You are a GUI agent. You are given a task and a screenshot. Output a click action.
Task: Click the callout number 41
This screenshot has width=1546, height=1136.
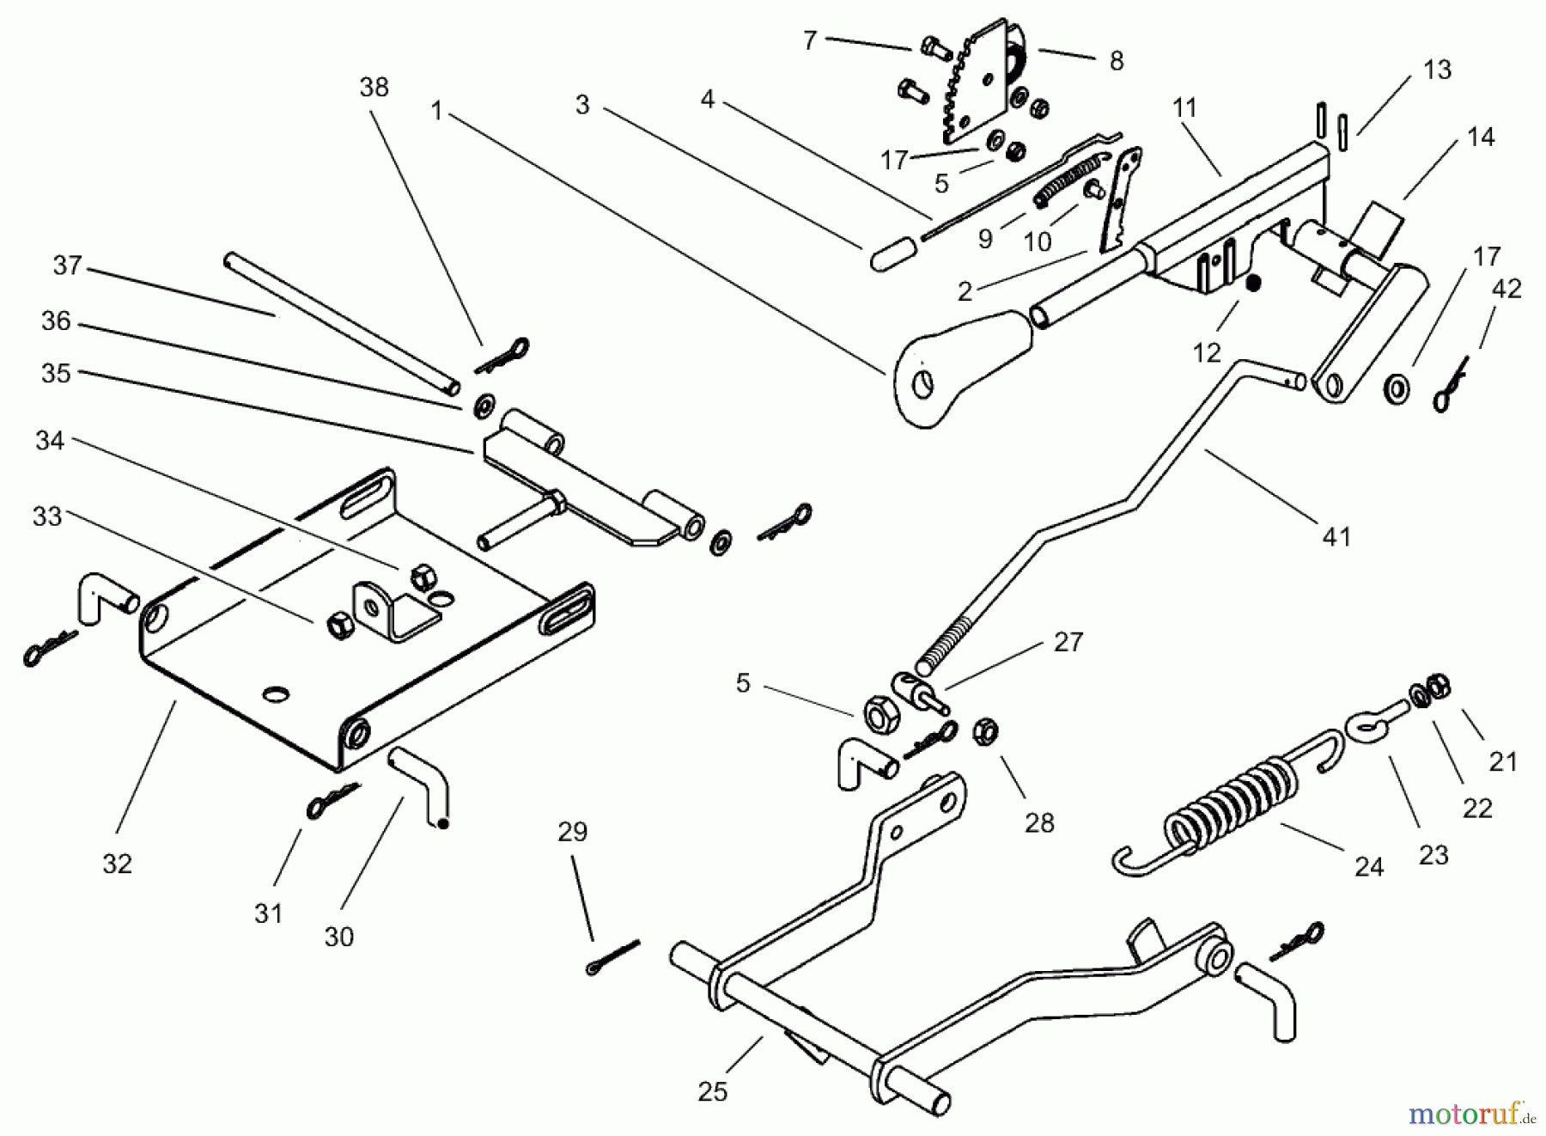pos(1336,537)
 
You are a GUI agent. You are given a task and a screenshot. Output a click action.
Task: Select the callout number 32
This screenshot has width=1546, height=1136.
pos(117,864)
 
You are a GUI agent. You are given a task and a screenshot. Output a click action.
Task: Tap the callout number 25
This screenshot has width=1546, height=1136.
pos(712,1091)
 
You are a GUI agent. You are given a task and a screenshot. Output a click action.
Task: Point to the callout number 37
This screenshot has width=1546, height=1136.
pos(66,266)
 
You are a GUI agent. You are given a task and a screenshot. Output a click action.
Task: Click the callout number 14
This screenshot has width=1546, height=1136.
pos(1481,137)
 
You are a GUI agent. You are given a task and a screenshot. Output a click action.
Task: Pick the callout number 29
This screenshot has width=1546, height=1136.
pos(572,832)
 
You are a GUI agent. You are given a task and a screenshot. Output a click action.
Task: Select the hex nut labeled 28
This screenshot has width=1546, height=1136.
pos(984,733)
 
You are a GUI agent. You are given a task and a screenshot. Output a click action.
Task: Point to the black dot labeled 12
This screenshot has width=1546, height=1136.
pos(1252,283)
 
